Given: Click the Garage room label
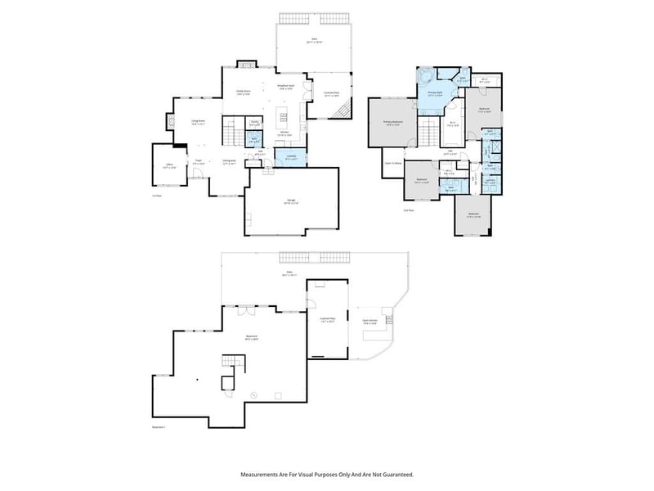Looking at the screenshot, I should coord(291,201).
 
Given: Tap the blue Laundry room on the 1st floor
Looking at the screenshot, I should coord(290,157).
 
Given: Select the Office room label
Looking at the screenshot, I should coord(169,165).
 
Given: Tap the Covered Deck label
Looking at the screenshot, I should coord(332,94).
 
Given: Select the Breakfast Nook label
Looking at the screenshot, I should coord(285,86).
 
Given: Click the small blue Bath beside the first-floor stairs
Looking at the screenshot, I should coord(255,139).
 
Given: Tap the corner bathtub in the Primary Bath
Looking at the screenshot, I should coord(424,77).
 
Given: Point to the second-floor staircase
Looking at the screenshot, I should coord(429,129).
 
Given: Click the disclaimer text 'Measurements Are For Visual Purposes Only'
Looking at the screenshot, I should coord(326,474).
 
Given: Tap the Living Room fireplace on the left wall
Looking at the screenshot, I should coord(173,121).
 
